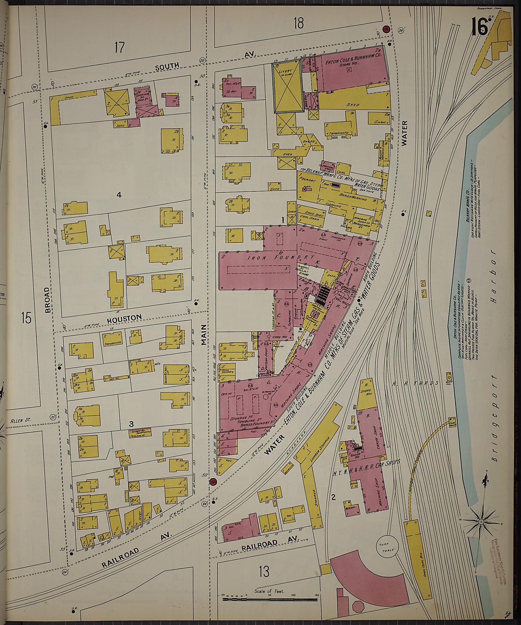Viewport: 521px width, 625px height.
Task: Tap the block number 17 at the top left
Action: click(119, 47)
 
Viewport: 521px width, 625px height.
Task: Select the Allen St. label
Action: click(21, 420)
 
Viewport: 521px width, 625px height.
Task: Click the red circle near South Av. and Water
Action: click(386, 30)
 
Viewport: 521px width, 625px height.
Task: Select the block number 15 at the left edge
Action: click(26, 317)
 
